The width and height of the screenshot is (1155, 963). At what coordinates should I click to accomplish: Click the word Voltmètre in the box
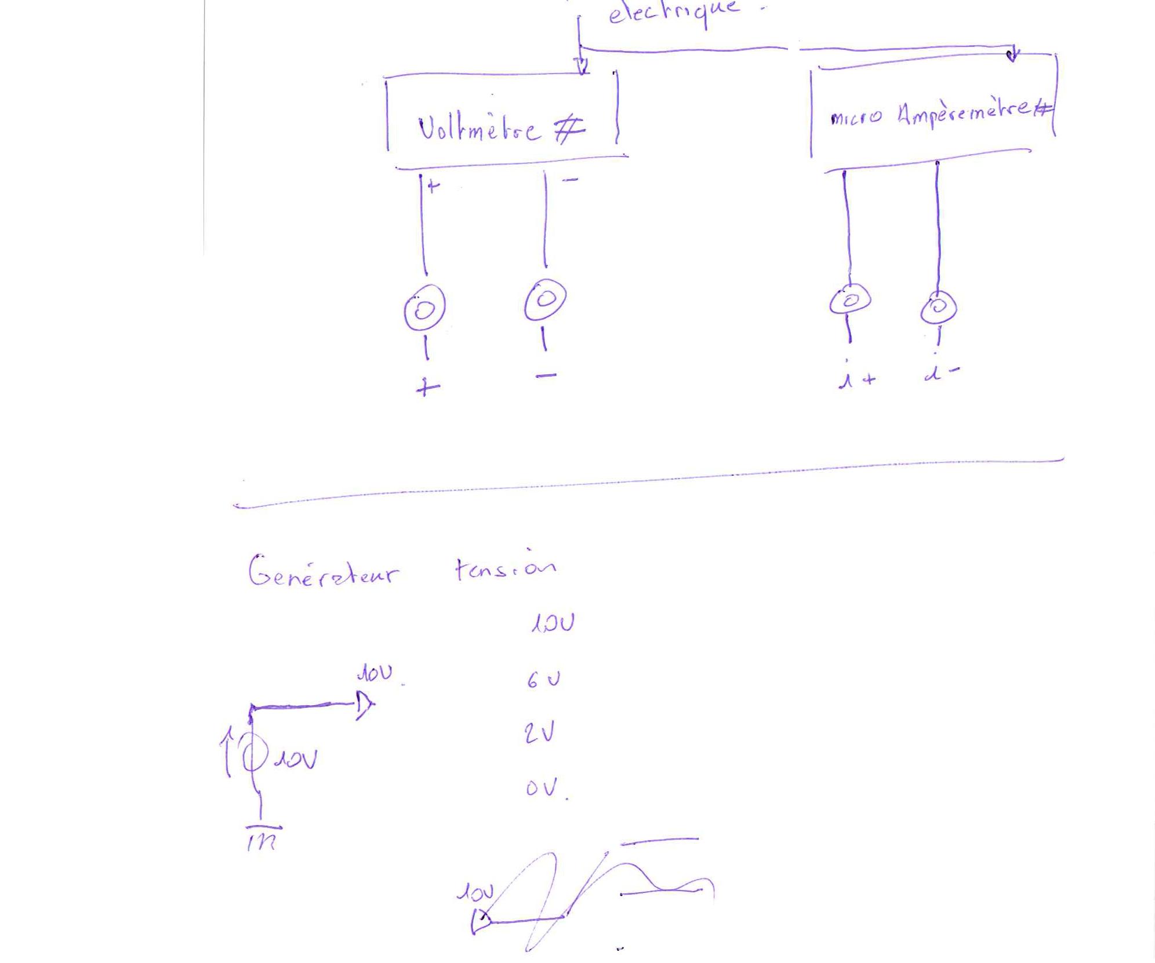coord(479,129)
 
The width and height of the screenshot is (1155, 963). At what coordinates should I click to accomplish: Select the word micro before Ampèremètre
coord(856,118)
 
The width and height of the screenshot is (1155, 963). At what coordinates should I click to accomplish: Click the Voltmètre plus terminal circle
coord(424,309)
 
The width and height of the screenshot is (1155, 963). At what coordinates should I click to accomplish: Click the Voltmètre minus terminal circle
coord(545,300)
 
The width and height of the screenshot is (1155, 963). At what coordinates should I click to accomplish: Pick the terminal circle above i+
coord(850,300)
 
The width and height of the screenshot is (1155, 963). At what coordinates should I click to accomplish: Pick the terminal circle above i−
coord(938,307)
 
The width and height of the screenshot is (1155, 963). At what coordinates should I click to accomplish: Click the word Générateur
coord(323,572)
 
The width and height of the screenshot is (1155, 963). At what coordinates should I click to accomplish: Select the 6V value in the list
coord(543,679)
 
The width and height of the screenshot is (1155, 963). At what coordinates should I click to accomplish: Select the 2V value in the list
coord(539,733)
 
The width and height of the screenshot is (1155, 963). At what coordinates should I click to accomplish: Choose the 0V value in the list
coord(543,788)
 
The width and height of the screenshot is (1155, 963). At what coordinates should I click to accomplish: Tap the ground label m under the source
coord(262,841)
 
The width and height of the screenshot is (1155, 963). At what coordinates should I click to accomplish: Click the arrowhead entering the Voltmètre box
coord(582,65)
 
